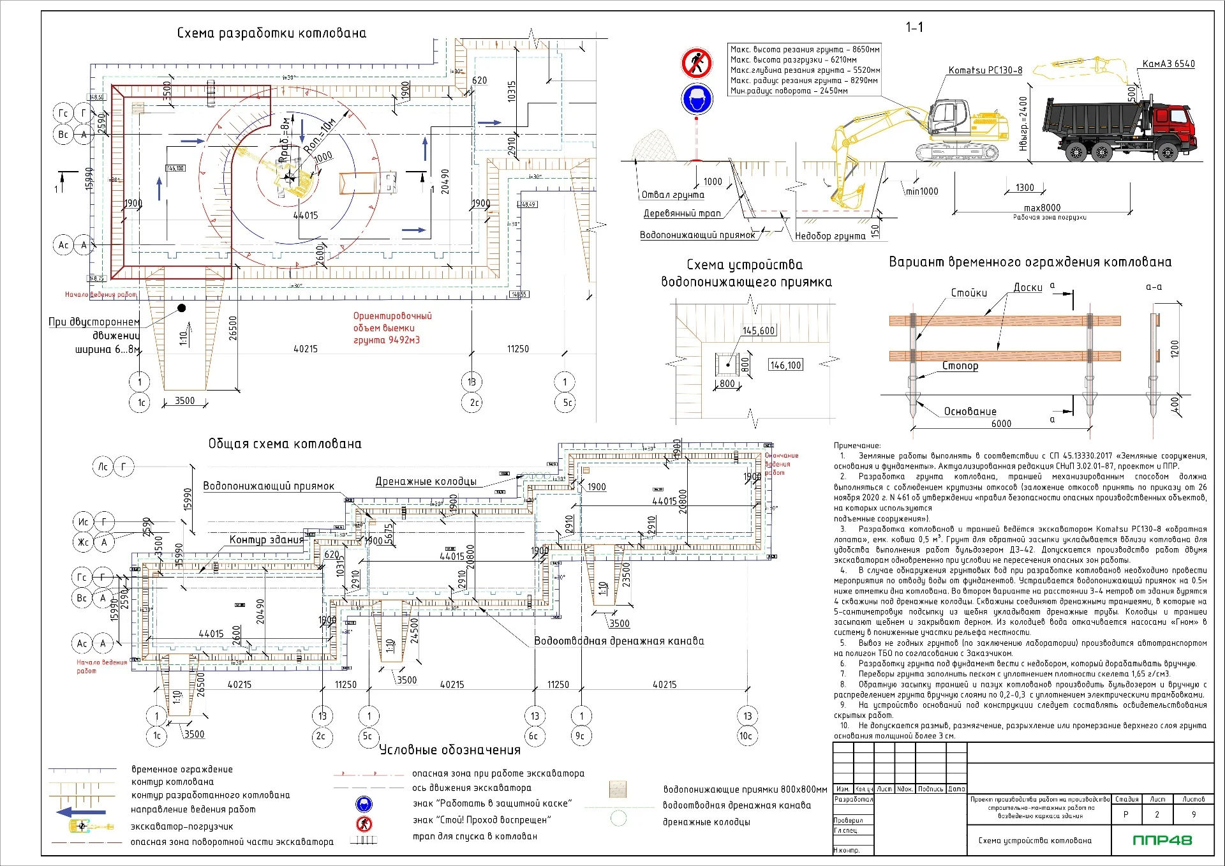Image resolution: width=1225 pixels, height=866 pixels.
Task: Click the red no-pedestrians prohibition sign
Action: click(x=696, y=63)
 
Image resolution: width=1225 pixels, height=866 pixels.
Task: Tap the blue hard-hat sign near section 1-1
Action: click(x=696, y=100)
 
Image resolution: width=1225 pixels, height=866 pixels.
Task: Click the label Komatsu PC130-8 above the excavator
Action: click(x=985, y=70)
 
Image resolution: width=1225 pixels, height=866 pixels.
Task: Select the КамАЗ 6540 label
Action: click(x=1168, y=64)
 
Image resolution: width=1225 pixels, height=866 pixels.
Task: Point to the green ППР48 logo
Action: click(x=1162, y=840)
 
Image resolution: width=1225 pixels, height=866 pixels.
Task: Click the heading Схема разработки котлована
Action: click(x=272, y=33)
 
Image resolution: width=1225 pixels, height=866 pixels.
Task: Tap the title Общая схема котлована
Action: click(x=285, y=444)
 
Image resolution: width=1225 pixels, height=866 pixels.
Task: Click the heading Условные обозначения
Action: click(x=450, y=750)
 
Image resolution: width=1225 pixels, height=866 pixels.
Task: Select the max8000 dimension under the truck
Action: click(x=1042, y=207)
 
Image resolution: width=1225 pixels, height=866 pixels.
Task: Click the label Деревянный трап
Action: click(x=682, y=213)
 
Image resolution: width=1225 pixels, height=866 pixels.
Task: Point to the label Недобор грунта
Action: click(x=830, y=235)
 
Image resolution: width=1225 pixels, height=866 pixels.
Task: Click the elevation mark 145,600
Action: click(x=759, y=331)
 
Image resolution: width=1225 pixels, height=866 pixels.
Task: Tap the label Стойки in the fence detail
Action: click(x=969, y=293)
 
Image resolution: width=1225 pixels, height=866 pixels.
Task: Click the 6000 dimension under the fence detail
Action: click(x=1001, y=423)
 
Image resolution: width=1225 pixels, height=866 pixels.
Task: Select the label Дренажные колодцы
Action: click(x=426, y=481)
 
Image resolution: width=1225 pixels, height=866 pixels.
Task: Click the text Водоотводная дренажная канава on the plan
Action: click(x=619, y=641)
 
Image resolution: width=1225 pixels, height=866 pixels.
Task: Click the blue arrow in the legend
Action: click(x=80, y=812)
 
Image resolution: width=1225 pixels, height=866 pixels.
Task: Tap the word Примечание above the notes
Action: click(x=857, y=445)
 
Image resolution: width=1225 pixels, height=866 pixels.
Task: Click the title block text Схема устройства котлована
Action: click(x=1035, y=840)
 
